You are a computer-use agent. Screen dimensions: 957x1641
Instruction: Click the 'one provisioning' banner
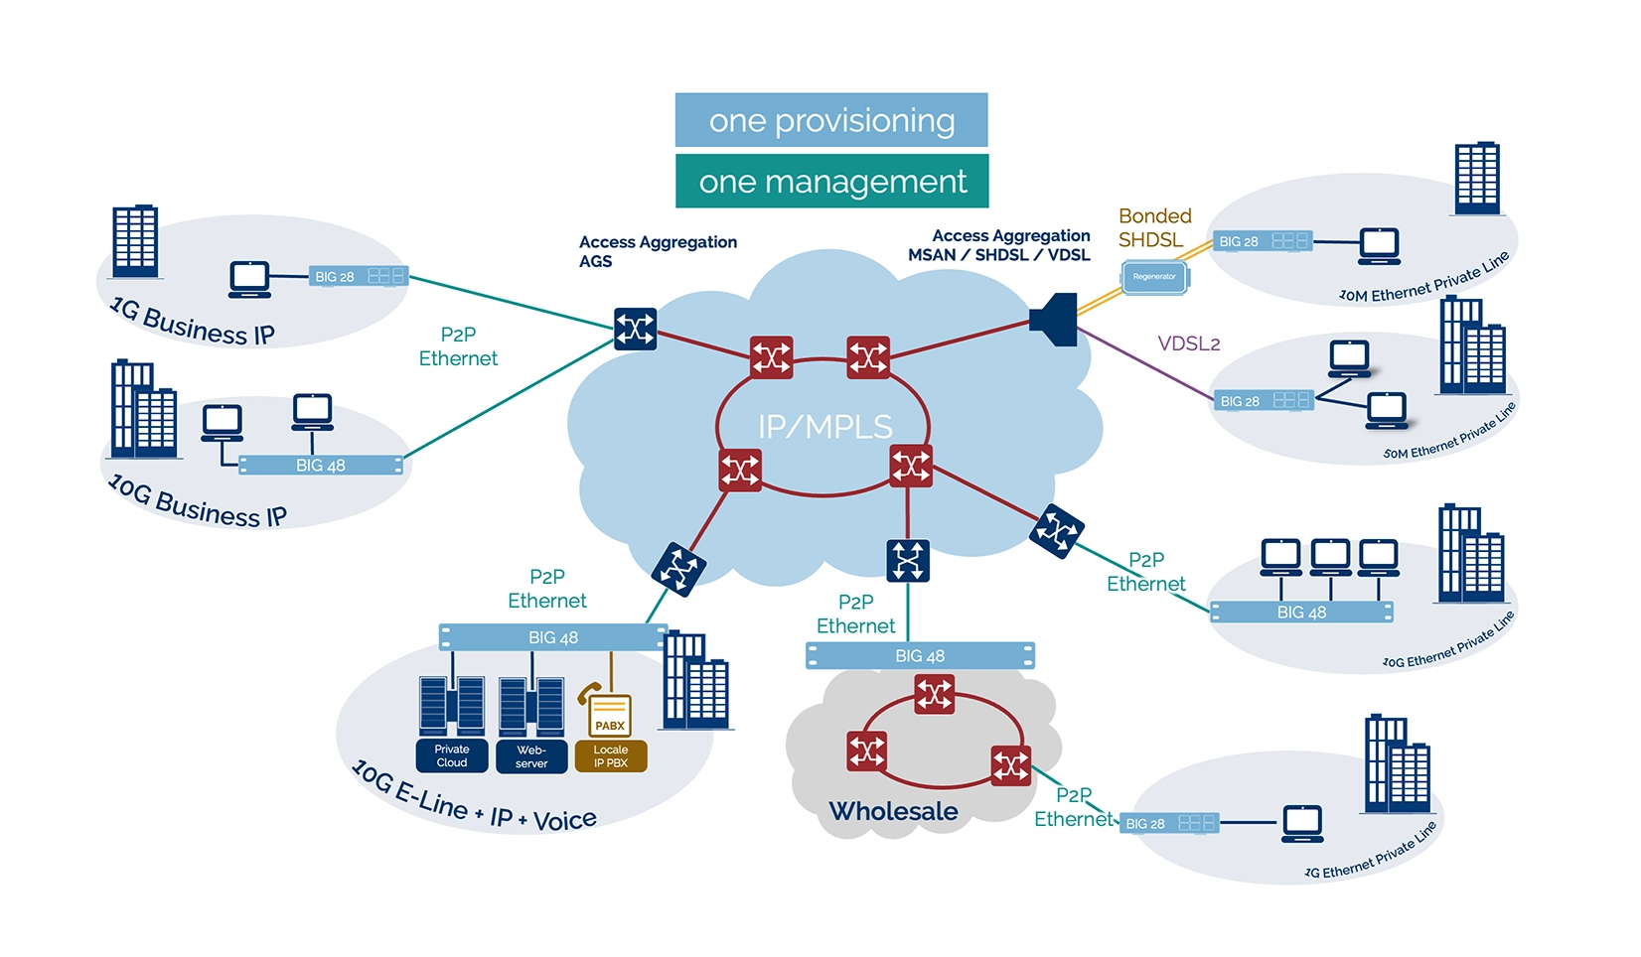click(x=831, y=120)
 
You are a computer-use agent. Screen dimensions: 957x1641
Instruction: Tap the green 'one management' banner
click(x=831, y=182)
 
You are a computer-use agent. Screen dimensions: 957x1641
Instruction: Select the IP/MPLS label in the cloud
click(x=824, y=427)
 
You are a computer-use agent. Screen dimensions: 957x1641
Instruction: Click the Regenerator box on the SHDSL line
click(x=1154, y=277)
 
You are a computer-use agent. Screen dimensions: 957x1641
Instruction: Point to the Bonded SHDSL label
click(x=1153, y=227)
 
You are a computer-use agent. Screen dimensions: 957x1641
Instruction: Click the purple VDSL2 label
click(x=1188, y=343)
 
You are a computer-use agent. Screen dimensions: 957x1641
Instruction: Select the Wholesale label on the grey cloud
click(x=893, y=811)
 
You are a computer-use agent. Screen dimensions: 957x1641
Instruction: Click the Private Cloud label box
click(x=452, y=755)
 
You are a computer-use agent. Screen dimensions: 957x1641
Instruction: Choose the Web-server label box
click(x=531, y=755)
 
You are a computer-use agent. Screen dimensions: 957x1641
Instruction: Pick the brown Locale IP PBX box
click(x=611, y=755)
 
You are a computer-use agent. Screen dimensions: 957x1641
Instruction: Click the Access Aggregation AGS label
click(x=657, y=251)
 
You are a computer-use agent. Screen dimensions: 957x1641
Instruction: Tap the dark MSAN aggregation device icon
click(x=1055, y=319)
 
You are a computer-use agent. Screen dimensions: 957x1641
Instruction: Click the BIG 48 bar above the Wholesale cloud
click(x=920, y=655)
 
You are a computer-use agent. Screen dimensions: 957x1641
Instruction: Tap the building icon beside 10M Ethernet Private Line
click(x=1477, y=179)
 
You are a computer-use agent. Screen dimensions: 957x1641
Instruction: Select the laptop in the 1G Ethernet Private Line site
click(x=1302, y=823)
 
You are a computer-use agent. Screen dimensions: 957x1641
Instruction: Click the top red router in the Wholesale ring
click(x=935, y=694)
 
